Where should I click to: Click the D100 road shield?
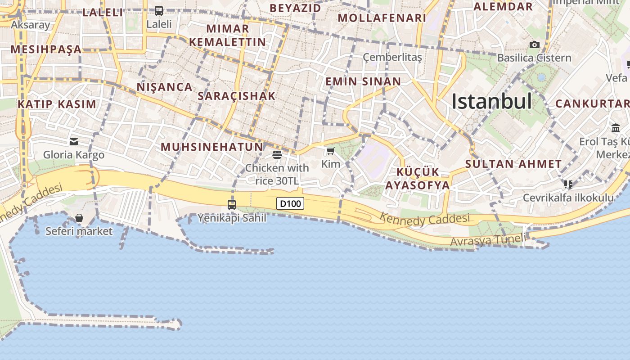coord(290,204)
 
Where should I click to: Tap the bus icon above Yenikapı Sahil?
coord(232,205)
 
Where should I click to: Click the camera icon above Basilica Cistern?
coord(535,45)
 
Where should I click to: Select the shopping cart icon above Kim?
coord(331,151)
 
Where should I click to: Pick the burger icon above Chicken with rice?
coord(277,155)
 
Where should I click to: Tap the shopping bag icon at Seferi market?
coord(79,218)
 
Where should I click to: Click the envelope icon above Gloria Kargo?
coord(74,142)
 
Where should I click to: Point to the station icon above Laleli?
coord(159,10)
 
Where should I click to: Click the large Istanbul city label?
coord(491,101)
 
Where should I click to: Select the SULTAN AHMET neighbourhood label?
coord(513,164)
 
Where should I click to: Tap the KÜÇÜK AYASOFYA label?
coord(418,179)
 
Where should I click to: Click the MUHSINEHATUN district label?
coord(212,147)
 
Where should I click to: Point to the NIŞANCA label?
coord(165,87)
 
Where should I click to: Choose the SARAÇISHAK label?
coord(237,96)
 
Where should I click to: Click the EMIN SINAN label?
coord(363,81)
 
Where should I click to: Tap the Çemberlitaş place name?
coord(392,57)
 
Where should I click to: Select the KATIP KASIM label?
coord(57,104)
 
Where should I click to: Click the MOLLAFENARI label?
coord(382,18)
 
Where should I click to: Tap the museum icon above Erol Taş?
coord(616,128)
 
